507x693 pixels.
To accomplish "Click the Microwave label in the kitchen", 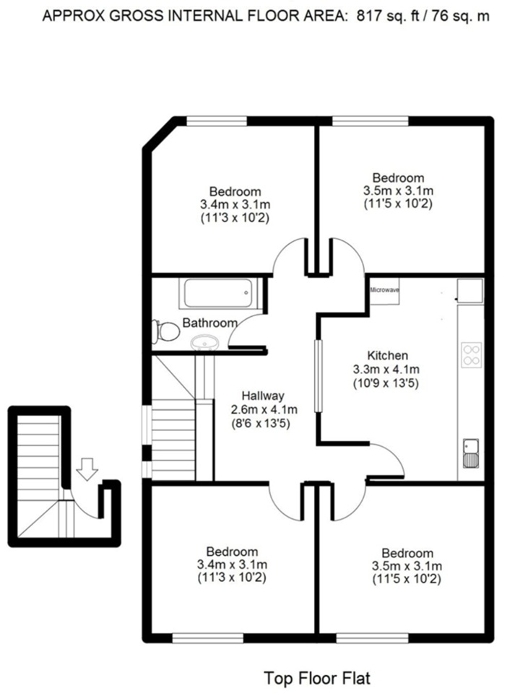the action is [x=384, y=290].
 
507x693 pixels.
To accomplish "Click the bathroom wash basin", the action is [x=204, y=341].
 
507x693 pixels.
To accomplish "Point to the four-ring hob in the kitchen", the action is [x=471, y=355].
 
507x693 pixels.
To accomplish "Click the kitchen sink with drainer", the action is [x=471, y=453].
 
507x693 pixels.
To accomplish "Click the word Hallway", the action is [x=263, y=396].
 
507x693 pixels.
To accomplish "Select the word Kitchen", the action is [x=387, y=355].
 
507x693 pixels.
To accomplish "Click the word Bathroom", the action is [x=210, y=323].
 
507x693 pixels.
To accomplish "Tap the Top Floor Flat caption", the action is [x=317, y=678].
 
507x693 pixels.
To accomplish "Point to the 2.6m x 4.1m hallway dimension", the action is [x=264, y=410].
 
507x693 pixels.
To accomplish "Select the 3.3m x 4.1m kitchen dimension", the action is [x=386, y=369].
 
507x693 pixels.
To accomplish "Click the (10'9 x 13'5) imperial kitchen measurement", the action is [x=386, y=383].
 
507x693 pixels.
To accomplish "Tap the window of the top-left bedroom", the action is [x=216, y=121].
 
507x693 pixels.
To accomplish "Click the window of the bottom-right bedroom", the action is [x=372, y=637].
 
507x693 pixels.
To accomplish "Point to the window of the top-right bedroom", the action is [x=370, y=121].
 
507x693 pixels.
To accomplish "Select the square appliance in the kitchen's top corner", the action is [x=470, y=290].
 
